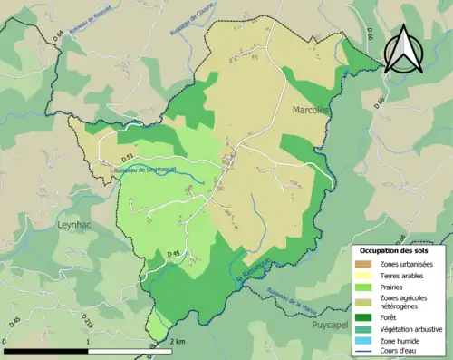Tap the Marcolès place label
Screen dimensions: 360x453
tap(311, 110)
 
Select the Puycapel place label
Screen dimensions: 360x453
tap(334, 324)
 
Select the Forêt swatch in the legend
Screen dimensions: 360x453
tap(366, 317)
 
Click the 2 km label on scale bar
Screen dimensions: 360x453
tap(177, 341)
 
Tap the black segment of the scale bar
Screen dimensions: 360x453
tap(46, 350)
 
